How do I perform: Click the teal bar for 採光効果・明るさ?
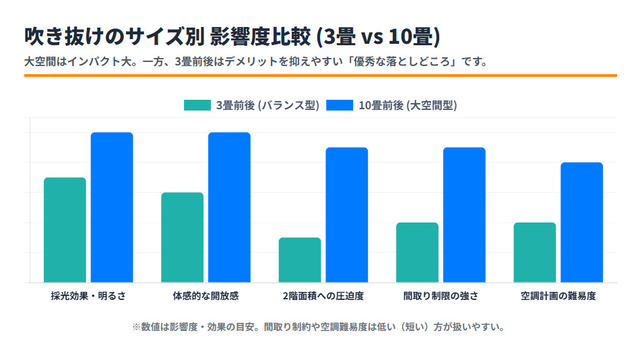[x=65, y=230]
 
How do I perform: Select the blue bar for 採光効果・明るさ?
[x=112, y=208]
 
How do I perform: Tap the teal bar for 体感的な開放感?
[x=182, y=237]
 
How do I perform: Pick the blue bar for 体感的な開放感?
[x=229, y=208]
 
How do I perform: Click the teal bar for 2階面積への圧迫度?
[x=300, y=260]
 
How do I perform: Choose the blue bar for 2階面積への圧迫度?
[x=347, y=215]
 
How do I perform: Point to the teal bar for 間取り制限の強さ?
[x=417, y=252]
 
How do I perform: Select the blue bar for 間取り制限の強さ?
[x=464, y=215]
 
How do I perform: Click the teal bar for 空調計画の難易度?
[x=534, y=252]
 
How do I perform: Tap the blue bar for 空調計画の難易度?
[x=581, y=222]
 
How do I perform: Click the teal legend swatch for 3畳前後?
[x=197, y=105]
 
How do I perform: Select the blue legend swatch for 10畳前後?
[x=340, y=105]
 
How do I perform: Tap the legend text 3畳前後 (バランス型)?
[x=267, y=105]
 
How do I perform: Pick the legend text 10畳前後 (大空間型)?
[x=408, y=105]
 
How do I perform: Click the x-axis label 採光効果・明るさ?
[x=88, y=295]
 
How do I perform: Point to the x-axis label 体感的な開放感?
[x=205, y=295]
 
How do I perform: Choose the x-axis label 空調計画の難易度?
[x=558, y=295]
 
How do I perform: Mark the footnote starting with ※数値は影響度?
[x=319, y=327]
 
